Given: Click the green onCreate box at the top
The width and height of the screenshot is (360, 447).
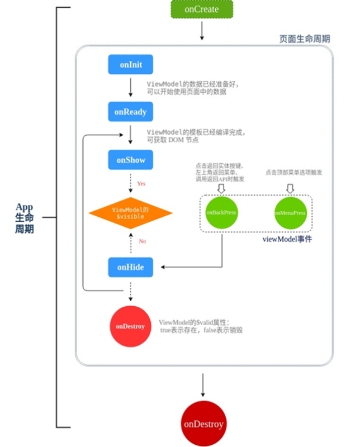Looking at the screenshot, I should point(201,9).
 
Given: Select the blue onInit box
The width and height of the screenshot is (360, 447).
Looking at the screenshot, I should point(130,65).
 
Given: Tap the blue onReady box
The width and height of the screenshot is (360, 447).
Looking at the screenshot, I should point(130,112).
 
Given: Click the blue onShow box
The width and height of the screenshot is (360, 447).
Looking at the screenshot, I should point(130,160).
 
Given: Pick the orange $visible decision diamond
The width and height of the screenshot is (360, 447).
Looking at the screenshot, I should point(130,213).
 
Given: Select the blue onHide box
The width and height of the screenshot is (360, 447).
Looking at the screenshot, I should point(130,267).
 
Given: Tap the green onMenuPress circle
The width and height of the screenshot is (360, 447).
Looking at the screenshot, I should point(290,213).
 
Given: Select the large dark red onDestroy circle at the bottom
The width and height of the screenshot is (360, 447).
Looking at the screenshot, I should point(203,424).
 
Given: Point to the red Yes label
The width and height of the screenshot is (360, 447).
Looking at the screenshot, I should point(141,183).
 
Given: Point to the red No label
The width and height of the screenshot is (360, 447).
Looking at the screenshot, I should point(141,241).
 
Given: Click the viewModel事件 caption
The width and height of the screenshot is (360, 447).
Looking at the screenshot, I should point(287,239).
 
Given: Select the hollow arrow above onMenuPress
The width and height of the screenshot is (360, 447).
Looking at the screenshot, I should point(290,188).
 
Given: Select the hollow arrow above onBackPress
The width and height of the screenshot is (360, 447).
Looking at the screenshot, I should point(220,188).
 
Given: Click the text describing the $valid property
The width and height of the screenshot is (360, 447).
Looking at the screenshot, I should point(200,326).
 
